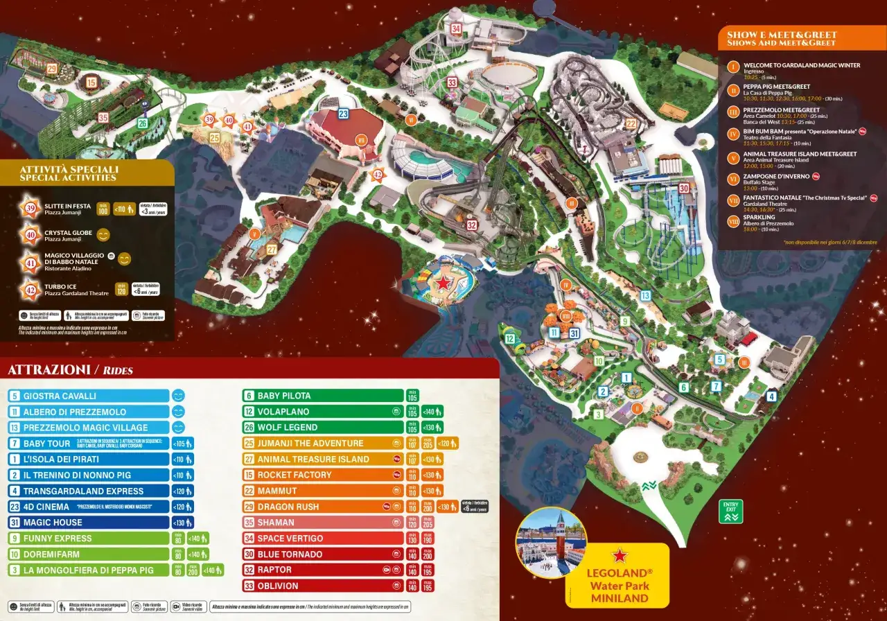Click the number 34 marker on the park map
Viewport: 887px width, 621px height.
click(455, 29)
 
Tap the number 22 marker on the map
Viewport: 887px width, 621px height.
click(631, 124)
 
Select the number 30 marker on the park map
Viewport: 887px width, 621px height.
click(684, 188)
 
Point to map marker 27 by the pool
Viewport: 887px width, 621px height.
click(272, 250)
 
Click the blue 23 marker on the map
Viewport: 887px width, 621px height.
click(343, 114)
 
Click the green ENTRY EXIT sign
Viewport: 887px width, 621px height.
click(731, 511)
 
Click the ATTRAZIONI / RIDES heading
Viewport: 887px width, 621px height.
click(70, 370)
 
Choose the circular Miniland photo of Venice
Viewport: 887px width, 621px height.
click(551, 543)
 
